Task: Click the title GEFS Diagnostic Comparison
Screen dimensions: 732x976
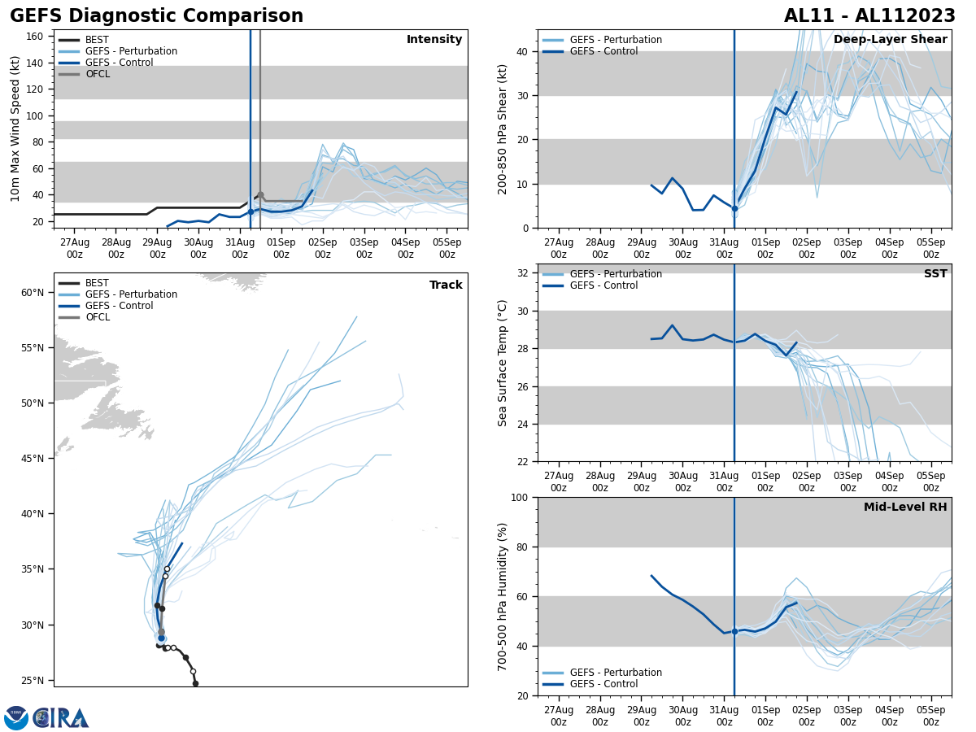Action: [x=156, y=16]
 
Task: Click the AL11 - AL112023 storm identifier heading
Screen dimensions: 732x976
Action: [x=869, y=16]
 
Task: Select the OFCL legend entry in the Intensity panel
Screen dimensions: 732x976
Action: [x=97, y=74]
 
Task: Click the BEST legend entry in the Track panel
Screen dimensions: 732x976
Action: [x=97, y=283]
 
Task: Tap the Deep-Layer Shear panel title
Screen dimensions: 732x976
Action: [x=890, y=40]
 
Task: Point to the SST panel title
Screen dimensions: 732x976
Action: [x=935, y=274]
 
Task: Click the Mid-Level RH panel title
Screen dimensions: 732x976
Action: [x=905, y=508]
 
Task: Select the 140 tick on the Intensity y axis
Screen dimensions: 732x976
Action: [x=34, y=63]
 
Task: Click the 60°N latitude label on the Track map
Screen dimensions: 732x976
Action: [x=32, y=293]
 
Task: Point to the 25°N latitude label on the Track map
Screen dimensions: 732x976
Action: [x=32, y=681]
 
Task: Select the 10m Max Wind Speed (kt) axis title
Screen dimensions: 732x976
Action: [x=15, y=129]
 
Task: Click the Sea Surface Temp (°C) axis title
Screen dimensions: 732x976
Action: [x=503, y=363]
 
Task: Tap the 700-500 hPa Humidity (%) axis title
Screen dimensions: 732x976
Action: [x=503, y=596]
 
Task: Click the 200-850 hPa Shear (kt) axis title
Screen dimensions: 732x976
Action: [x=503, y=129]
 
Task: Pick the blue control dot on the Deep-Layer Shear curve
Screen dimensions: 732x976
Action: [x=734, y=208]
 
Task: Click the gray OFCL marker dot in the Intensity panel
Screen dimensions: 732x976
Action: [x=260, y=194]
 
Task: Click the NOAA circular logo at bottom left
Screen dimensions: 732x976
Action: [x=16, y=718]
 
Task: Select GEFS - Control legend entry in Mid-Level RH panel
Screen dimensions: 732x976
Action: [x=603, y=684]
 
